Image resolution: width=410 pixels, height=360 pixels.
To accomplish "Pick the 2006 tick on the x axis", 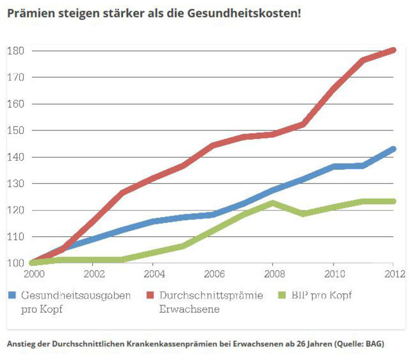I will click(213, 273).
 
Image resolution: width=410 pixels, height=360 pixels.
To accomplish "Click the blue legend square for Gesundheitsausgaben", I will click(12, 295).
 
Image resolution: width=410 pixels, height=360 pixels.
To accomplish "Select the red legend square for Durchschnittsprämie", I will click(151, 295).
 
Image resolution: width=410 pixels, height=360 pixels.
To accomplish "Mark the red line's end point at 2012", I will click(393, 50).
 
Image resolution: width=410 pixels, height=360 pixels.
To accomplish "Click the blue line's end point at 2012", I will click(393, 149).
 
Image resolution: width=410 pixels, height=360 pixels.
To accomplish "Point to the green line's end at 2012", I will click(393, 201).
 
